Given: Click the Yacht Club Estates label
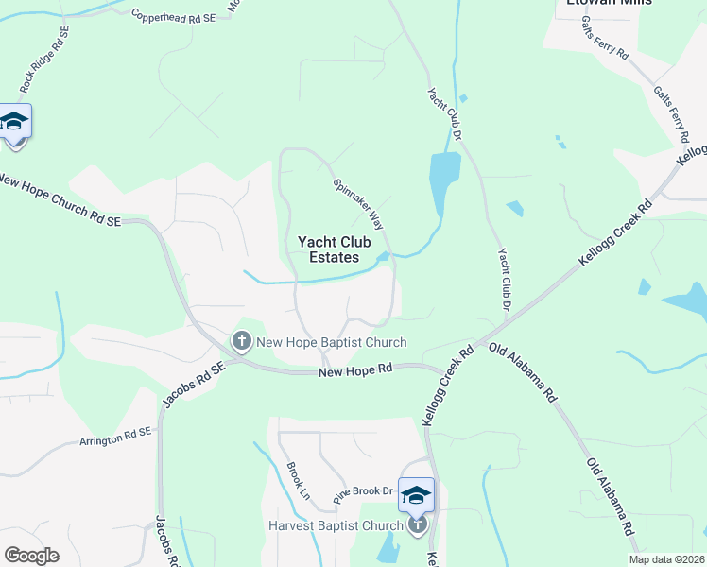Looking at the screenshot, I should [x=328, y=249].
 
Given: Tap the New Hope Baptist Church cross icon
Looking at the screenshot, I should [x=241, y=341].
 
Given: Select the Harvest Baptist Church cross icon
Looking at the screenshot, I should [x=417, y=524].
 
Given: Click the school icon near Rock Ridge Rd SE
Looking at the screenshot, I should [x=15, y=123].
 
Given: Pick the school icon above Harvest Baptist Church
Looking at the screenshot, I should [x=416, y=495].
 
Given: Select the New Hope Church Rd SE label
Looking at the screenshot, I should [x=60, y=200].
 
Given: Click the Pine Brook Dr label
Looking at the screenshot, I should [x=362, y=491].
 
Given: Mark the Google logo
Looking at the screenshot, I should [x=31, y=556].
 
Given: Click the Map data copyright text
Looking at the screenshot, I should [x=666, y=559].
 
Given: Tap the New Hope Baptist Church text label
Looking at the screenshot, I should [x=332, y=342].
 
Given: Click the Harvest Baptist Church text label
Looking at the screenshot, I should [x=336, y=525].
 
